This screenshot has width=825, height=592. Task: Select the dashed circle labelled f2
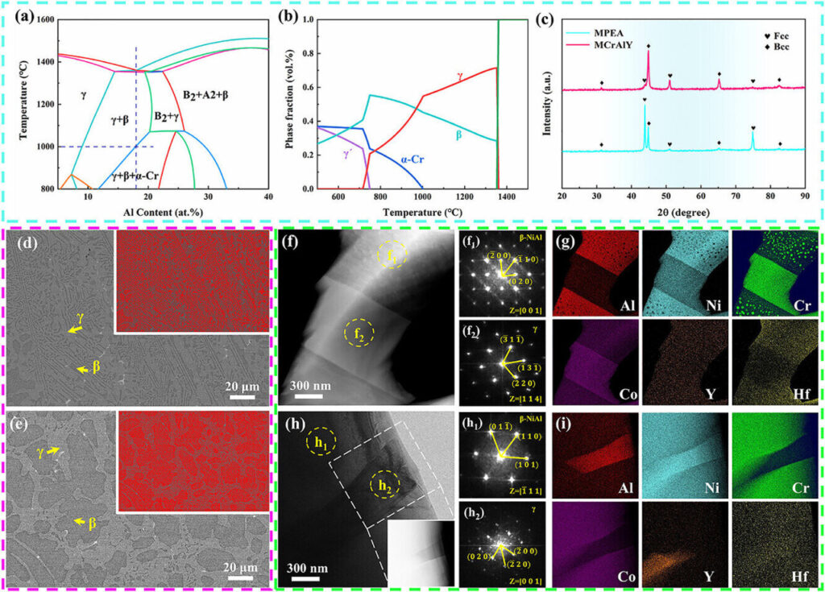[359, 332]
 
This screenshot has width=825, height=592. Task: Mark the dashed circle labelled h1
[324, 443]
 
